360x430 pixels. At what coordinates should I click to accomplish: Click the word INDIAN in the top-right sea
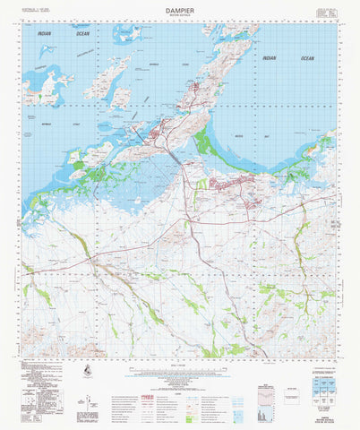[269, 58]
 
